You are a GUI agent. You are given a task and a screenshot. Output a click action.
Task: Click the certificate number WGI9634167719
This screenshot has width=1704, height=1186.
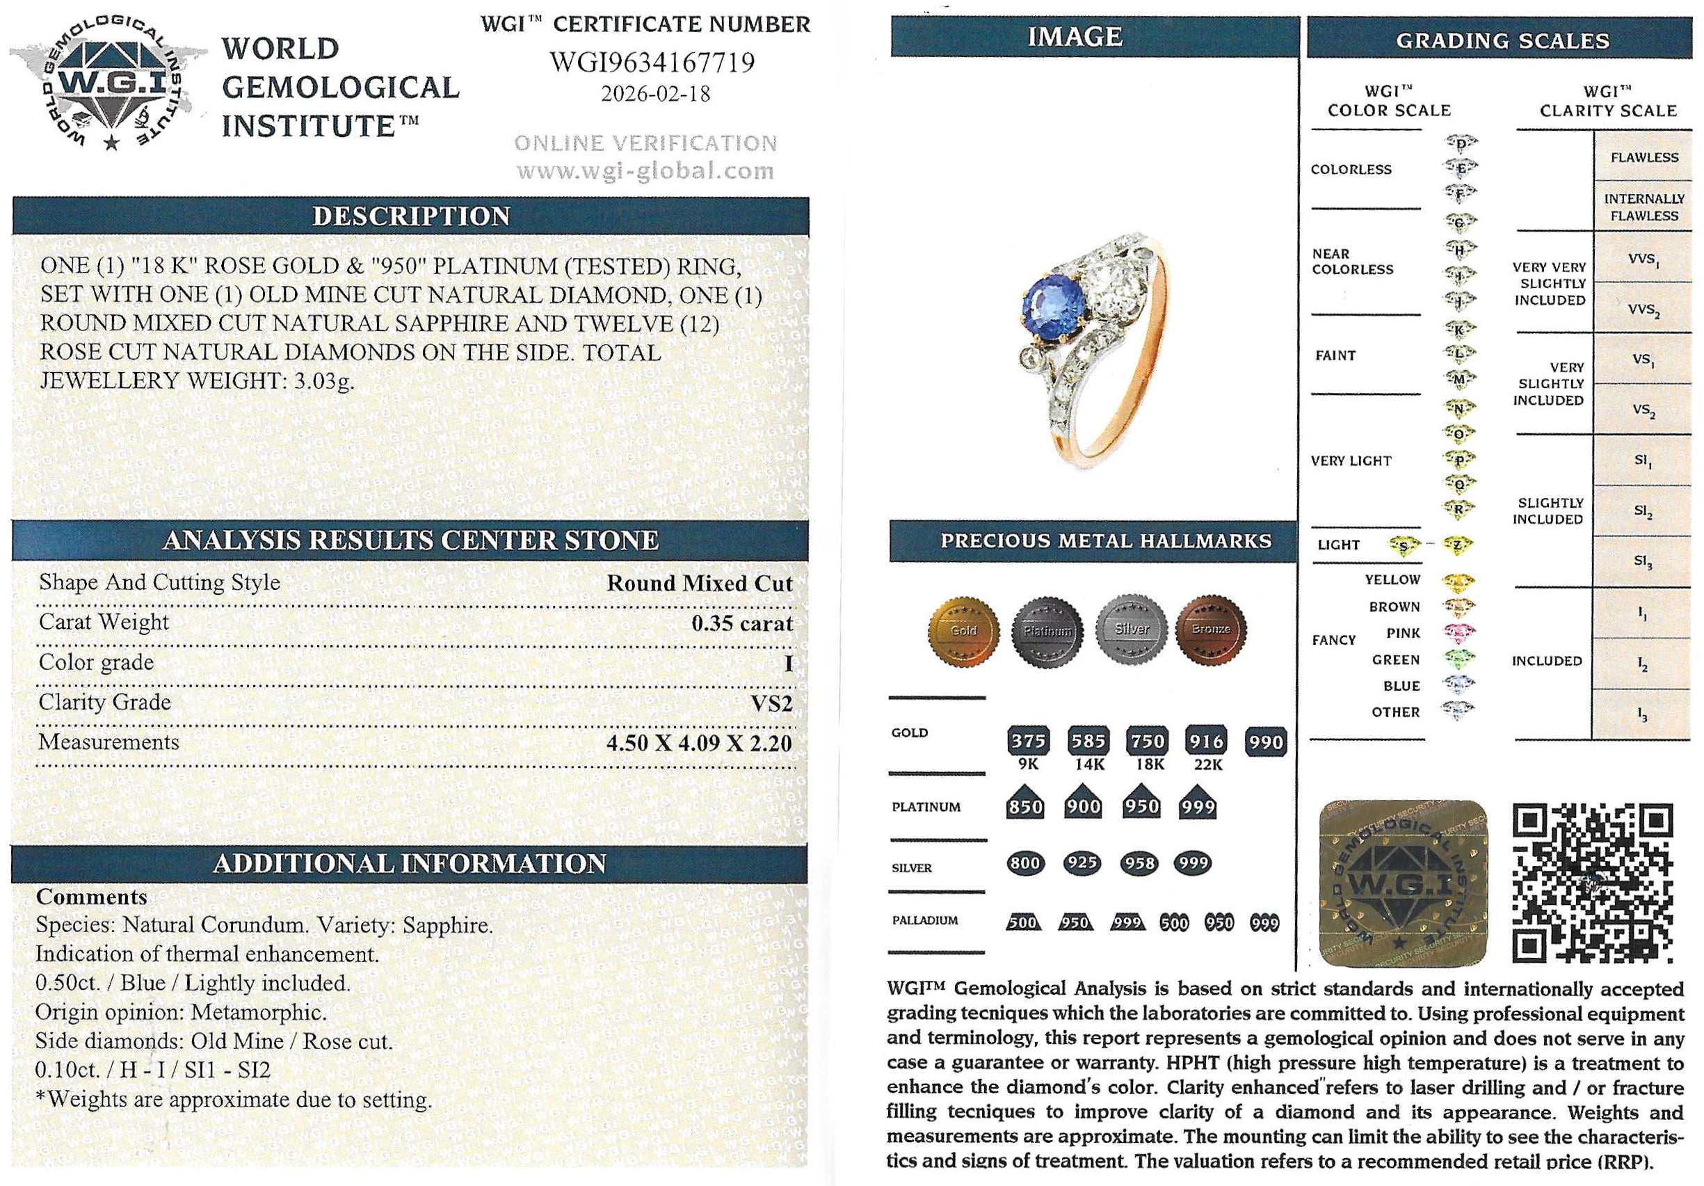pyautogui.click(x=652, y=62)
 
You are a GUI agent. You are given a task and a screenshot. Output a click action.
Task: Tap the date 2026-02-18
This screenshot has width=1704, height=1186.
pyautogui.click(x=654, y=95)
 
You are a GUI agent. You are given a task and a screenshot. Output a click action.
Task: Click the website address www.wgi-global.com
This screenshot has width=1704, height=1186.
pyautogui.click(x=645, y=171)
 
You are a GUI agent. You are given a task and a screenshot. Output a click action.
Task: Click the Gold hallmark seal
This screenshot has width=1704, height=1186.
pyautogui.click(x=963, y=630)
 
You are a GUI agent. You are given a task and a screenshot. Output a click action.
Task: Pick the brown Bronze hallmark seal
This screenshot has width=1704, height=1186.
pyautogui.click(x=1210, y=629)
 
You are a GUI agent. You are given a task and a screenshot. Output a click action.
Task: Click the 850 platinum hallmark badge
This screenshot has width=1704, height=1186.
pyautogui.click(x=1025, y=806)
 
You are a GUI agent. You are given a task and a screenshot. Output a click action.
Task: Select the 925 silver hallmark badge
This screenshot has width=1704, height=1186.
pyautogui.click(x=1083, y=863)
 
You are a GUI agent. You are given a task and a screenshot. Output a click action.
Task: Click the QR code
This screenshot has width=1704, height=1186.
pyautogui.click(x=1593, y=884)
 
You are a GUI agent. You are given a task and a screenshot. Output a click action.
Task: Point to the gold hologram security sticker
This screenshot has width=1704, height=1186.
pyautogui.click(x=1404, y=884)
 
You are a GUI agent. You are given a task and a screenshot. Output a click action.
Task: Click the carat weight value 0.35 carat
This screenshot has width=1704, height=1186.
pyautogui.click(x=741, y=623)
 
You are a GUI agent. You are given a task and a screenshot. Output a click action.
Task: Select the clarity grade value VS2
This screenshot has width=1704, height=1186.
pyautogui.click(x=772, y=703)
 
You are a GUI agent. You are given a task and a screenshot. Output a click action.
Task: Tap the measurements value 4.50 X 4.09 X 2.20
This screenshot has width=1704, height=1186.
pyautogui.click(x=699, y=743)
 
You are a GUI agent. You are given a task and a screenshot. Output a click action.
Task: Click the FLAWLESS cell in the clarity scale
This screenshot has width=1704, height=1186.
pyautogui.click(x=1644, y=157)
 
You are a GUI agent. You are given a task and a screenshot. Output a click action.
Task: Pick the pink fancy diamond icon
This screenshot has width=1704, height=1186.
pyautogui.click(x=1458, y=633)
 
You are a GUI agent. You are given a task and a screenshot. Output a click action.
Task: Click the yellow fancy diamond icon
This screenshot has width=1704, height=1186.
pyautogui.click(x=1458, y=580)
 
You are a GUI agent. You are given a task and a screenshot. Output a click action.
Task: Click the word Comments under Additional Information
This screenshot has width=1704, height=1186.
pyautogui.click(x=91, y=897)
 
